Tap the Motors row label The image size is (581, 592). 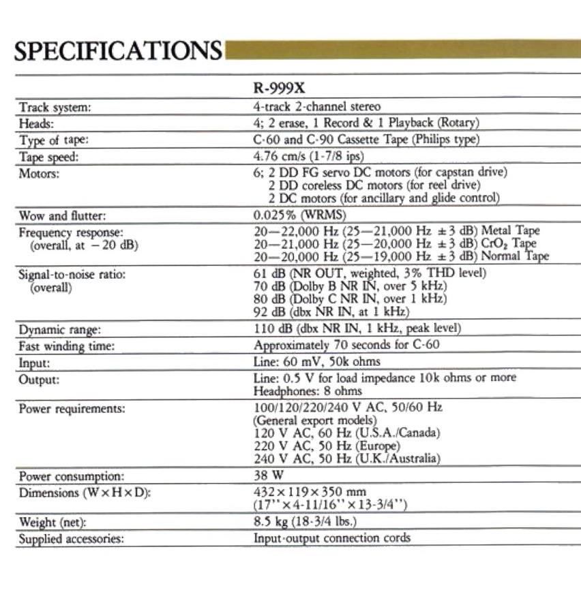tap(42, 173)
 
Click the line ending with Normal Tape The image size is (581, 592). tap(401, 256)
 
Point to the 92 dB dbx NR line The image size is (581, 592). tap(331, 312)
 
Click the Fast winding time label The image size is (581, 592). tap(67, 346)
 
